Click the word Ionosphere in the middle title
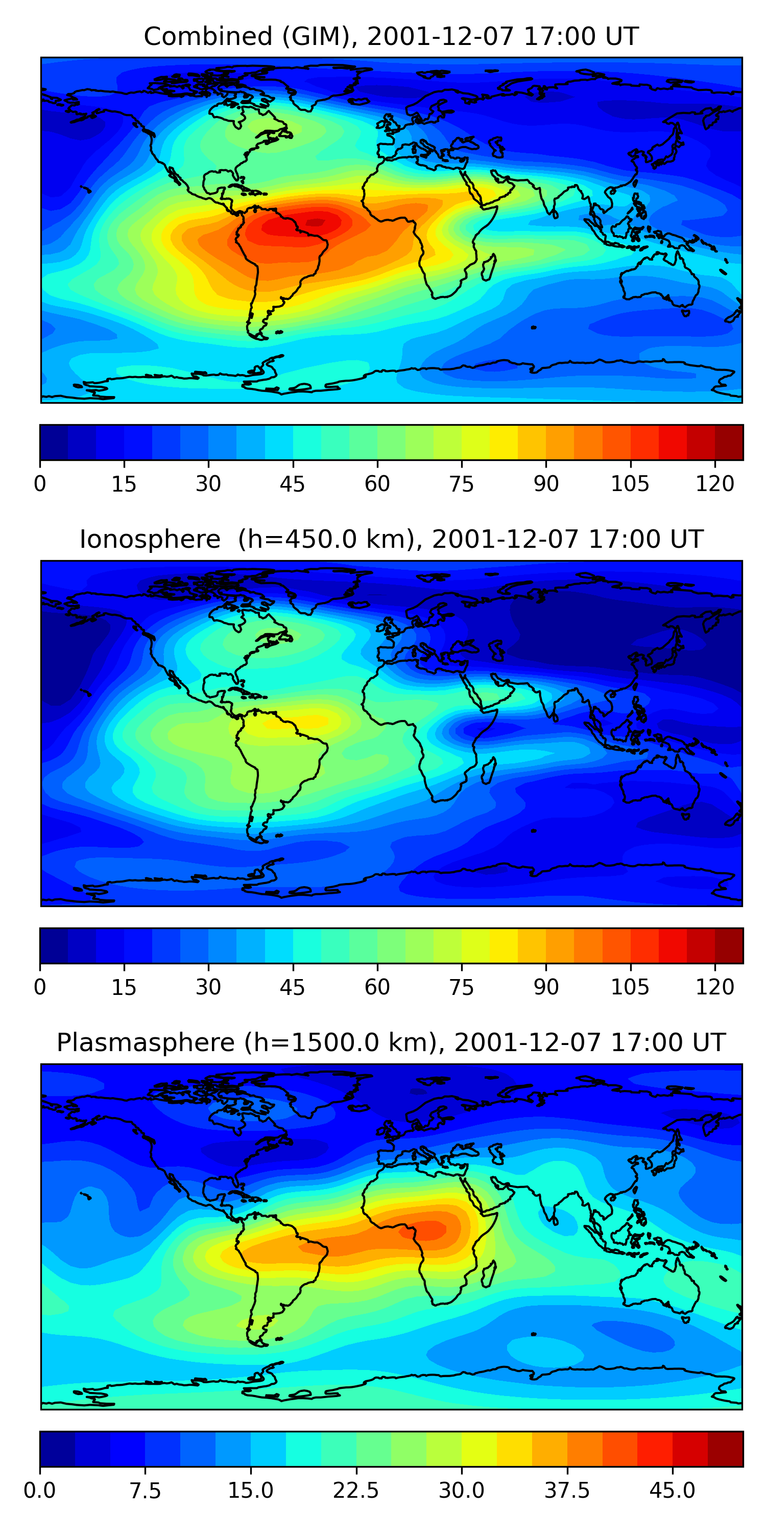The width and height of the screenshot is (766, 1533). click(150, 540)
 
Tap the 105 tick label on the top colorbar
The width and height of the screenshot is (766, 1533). click(630, 484)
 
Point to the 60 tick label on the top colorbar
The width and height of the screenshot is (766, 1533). click(377, 484)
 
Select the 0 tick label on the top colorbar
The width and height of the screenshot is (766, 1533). click(40, 484)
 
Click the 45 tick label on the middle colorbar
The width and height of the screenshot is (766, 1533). click(293, 987)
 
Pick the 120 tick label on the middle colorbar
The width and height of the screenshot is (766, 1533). click(715, 987)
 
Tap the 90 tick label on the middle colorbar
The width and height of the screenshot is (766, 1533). click(546, 987)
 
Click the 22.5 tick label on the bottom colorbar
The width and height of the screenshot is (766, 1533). click(355, 1491)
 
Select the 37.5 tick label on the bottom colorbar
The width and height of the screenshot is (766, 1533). click(567, 1491)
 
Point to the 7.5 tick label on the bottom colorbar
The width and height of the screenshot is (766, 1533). click(145, 1491)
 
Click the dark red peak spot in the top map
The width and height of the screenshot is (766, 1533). click(316, 223)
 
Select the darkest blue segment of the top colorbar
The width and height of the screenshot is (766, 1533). click(54, 442)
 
